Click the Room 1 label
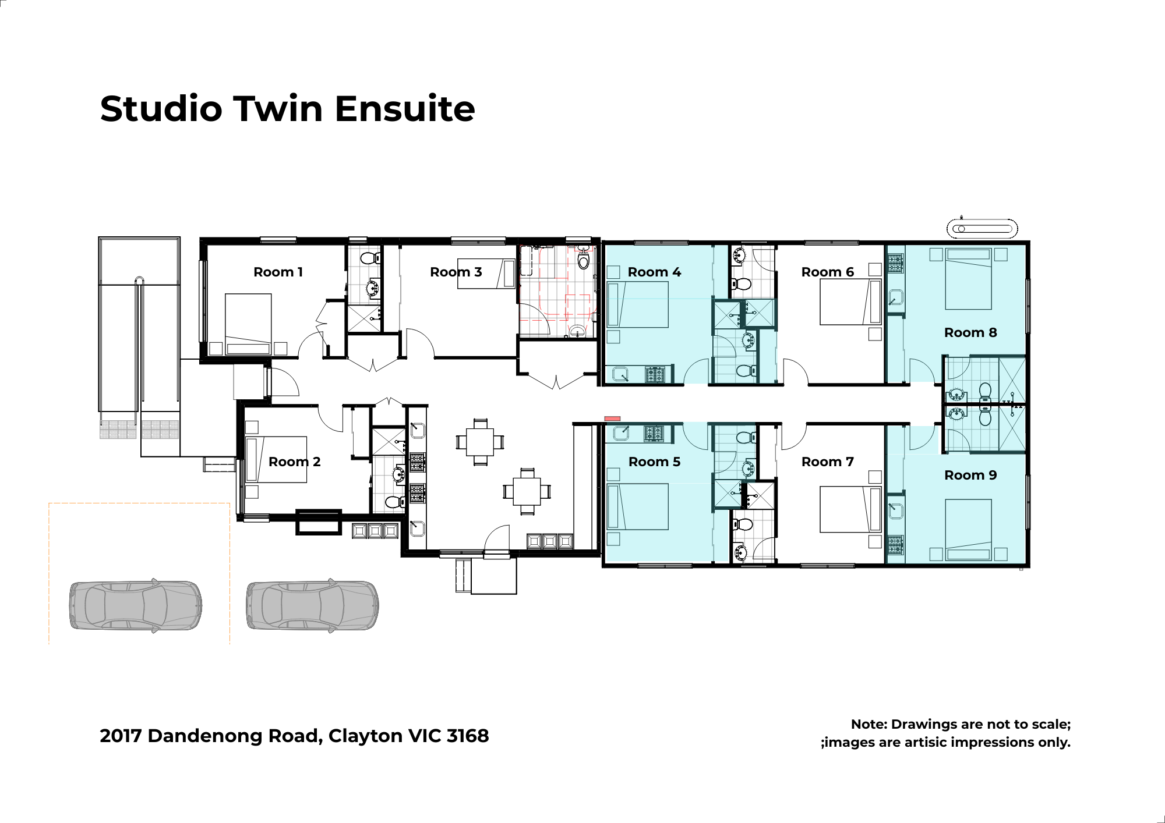(278, 272)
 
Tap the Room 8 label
(970, 332)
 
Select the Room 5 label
(654, 462)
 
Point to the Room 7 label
(828, 462)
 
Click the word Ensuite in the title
(405, 109)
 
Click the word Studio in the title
(161, 109)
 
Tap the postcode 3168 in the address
(468, 736)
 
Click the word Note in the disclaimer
(869, 724)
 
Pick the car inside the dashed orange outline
(136, 605)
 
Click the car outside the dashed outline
(312, 605)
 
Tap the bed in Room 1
(248, 324)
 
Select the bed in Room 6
(850, 302)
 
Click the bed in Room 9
(968, 530)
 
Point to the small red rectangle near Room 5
(612, 418)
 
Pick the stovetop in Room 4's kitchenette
(654, 374)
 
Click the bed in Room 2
(276, 460)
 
